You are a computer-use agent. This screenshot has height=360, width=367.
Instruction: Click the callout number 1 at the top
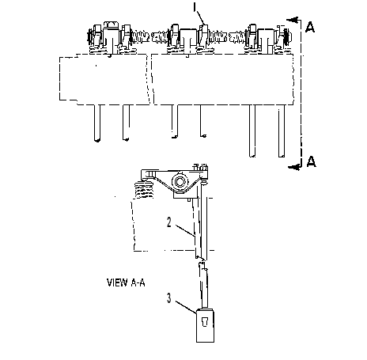pos(195,6)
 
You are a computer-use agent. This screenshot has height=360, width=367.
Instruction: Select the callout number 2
pos(169,222)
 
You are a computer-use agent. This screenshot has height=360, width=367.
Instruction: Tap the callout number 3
pos(169,298)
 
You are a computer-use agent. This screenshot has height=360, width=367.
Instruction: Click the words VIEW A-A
pos(126,282)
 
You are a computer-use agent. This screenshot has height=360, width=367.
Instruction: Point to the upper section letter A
pos(310,27)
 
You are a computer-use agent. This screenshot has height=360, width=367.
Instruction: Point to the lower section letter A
pos(311,161)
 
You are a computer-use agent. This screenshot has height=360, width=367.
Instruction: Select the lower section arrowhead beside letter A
pos(293,167)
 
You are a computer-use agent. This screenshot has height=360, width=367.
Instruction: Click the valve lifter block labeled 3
pos(205,325)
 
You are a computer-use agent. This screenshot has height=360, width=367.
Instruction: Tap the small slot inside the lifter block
pos(205,321)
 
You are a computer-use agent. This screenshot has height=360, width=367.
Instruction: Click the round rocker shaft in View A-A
pos(180,181)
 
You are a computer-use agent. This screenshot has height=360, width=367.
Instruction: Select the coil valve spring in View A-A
pos(144,190)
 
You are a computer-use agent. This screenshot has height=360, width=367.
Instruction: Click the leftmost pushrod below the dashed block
pos(97,123)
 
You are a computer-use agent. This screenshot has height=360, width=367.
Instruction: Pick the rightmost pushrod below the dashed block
pos(282,131)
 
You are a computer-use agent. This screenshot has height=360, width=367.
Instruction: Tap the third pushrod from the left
pos(175,121)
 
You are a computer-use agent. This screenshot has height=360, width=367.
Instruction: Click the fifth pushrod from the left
pos(252,131)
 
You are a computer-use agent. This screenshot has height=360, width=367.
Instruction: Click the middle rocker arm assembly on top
pos(188,39)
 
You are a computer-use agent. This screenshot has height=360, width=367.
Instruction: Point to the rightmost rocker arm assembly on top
pos(267,40)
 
